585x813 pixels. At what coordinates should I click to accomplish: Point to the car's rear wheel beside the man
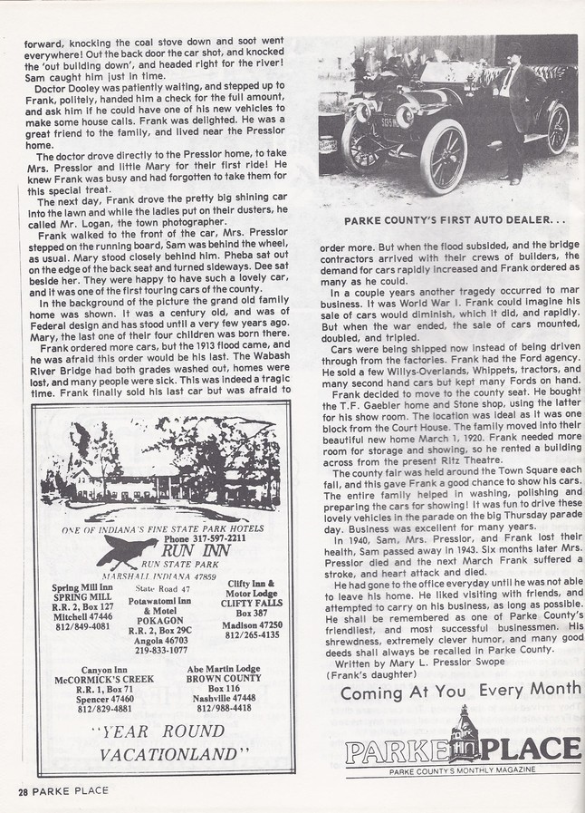556,130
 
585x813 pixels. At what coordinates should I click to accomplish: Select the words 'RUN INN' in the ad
204,550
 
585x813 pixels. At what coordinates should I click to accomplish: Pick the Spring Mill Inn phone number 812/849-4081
83,626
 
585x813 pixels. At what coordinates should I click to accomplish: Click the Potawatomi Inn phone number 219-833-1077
160,650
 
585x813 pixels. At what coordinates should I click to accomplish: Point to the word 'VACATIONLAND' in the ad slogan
175,753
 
